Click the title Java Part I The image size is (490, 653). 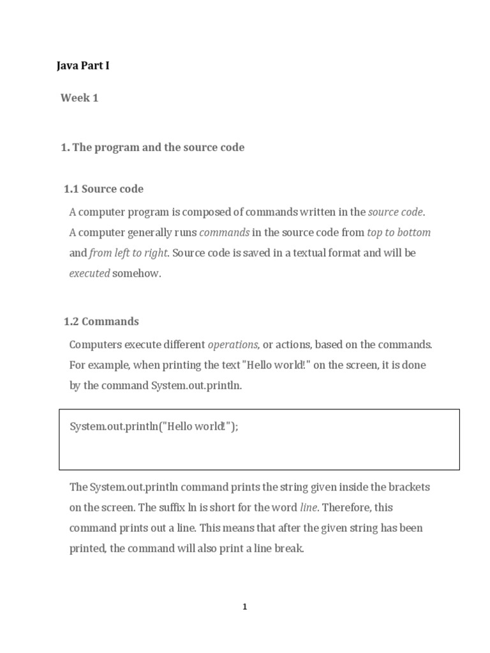pos(83,65)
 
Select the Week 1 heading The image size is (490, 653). pos(79,98)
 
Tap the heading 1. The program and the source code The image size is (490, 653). pos(152,147)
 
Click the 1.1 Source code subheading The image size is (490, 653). pos(103,189)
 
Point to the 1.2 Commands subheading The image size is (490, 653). pos(101,321)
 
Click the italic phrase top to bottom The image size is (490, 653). pos(399,232)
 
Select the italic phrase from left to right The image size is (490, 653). pos(128,253)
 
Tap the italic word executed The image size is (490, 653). pos(89,273)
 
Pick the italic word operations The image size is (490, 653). pos(233,344)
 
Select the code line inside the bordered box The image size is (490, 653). pos(154,426)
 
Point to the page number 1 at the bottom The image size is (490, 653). pos(245,607)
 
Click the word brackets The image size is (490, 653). pos(409,487)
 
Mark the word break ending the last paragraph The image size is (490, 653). pos(288,548)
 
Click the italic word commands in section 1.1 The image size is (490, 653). pos(224,232)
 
